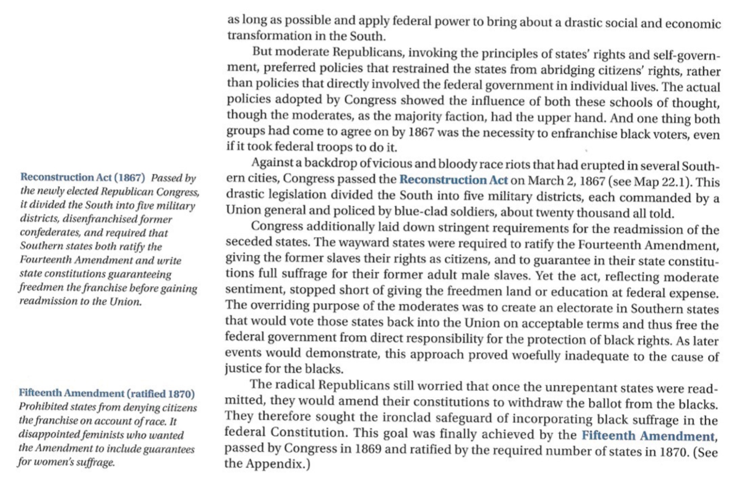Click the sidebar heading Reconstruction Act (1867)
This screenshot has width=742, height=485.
point(83,177)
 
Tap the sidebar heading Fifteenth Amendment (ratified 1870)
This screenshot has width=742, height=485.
point(107,393)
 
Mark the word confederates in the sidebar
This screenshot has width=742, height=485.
point(46,234)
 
